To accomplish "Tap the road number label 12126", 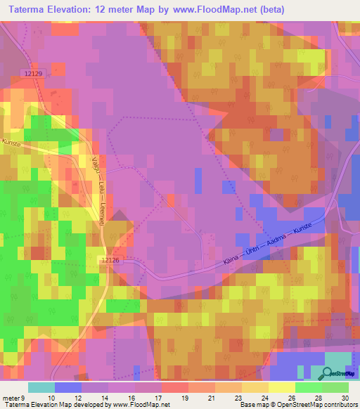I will pos(111,260).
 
